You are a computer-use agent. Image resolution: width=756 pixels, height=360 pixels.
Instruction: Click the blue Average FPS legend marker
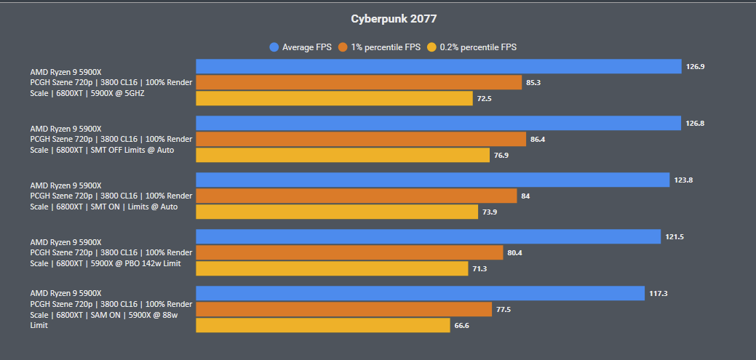(x=274, y=47)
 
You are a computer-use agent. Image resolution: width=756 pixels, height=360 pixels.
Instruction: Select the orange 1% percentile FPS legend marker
(x=343, y=47)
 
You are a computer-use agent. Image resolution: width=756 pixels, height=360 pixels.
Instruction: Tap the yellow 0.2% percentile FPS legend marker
(x=431, y=47)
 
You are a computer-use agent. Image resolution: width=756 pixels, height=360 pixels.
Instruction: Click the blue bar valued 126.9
(x=438, y=67)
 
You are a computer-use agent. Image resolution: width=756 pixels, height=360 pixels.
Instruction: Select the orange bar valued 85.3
(x=359, y=83)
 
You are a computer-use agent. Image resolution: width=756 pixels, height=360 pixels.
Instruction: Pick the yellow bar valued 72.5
(x=335, y=98)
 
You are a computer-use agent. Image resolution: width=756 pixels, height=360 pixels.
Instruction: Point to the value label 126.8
(x=694, y=123)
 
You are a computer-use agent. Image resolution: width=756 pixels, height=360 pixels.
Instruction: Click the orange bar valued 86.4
(x=361, y=139)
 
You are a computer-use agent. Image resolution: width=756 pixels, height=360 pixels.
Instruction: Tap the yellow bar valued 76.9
(x=343, y=155)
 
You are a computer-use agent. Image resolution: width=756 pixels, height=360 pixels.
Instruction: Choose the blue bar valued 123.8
(x=432, y=180)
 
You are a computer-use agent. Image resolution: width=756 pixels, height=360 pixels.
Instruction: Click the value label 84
(x=525, y=196)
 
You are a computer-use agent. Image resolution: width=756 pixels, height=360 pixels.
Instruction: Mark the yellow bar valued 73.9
(x=337, y=212)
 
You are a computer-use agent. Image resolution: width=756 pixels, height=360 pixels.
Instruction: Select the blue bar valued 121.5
(x=428, y=236)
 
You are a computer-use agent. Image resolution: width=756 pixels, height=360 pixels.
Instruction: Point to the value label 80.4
(x=515, y=252)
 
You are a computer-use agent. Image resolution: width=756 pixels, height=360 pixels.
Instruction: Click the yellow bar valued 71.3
(x=332, y=268)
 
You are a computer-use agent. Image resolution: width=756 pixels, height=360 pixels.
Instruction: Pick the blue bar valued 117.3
(x=420, y=293)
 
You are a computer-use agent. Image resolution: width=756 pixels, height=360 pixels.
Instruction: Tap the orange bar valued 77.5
(x=344, y=309)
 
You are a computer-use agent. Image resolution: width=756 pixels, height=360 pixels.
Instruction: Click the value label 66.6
(x=461, y=325)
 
